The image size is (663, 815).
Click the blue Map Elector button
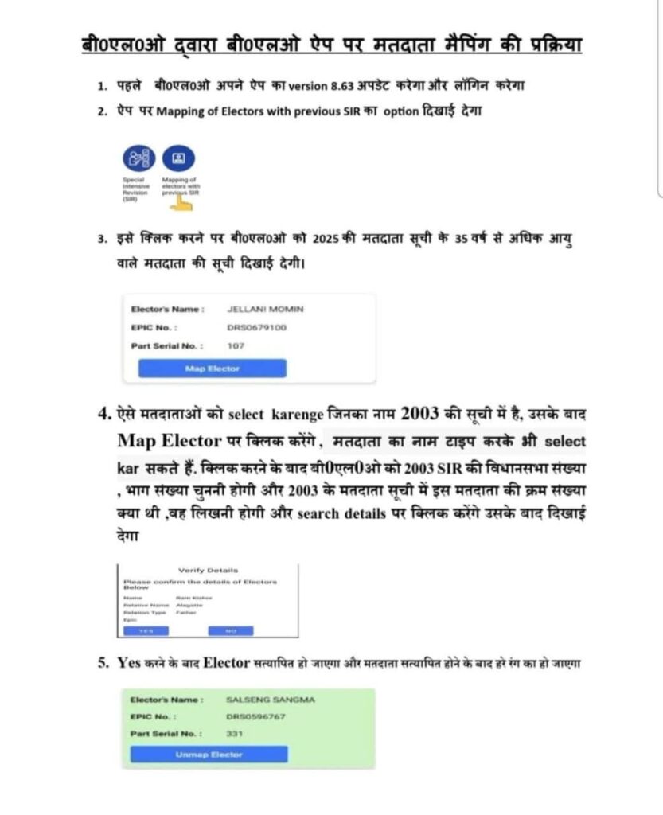click(x=212, y=369)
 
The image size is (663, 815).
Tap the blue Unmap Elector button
click(x=209, y=754)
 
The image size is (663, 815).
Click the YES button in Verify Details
click(x=146, y=630)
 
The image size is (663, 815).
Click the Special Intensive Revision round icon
click(x=138, y=159)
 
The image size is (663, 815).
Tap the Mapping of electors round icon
click(x=178, y=159)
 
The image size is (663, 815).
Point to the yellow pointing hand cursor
click(x=184, y=202)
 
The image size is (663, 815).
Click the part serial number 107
click(x=236, y=345)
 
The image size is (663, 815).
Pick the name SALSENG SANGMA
click(x=271, y=700)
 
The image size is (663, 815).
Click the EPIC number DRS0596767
click(x=255, y=716)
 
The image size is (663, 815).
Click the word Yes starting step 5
click(x=129, y=662)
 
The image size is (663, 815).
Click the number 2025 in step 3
click(x=326, y=241)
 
